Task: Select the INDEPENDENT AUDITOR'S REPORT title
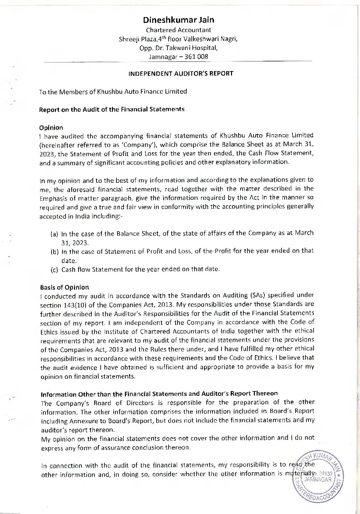coord(181,73)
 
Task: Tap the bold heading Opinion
coord(51,128)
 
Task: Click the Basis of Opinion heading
coord(64,287)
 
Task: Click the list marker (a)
coord(54,234)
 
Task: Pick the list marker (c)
coord(54,269)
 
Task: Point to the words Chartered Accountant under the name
coord(178,30)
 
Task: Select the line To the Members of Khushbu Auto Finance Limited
coord(113,92)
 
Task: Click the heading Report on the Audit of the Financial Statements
coord(112,109)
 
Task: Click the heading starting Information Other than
coord(159,394)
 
